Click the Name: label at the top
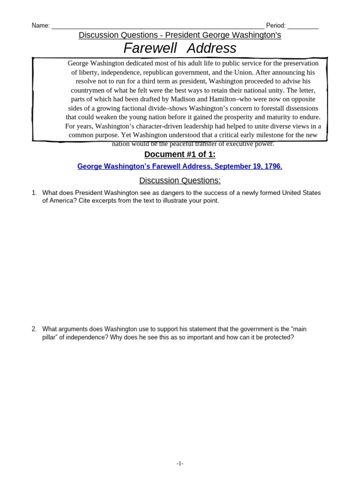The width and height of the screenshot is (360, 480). (x=40, y=26)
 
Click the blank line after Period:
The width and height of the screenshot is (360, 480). (x=303, y=26)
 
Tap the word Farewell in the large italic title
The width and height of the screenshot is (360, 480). (x=150, y=48)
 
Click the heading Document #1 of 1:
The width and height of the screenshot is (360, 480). (x=180, y=155)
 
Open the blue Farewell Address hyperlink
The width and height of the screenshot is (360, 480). (x=180, y=166)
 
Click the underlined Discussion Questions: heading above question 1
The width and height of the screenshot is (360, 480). (x=180, y=180)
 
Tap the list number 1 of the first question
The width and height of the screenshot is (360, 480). (x=34, y=193)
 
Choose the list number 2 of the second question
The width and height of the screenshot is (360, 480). (x=34, y=329)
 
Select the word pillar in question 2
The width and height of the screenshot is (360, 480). (x=50, y=337)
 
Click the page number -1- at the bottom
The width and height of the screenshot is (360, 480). (x=180, y=464)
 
